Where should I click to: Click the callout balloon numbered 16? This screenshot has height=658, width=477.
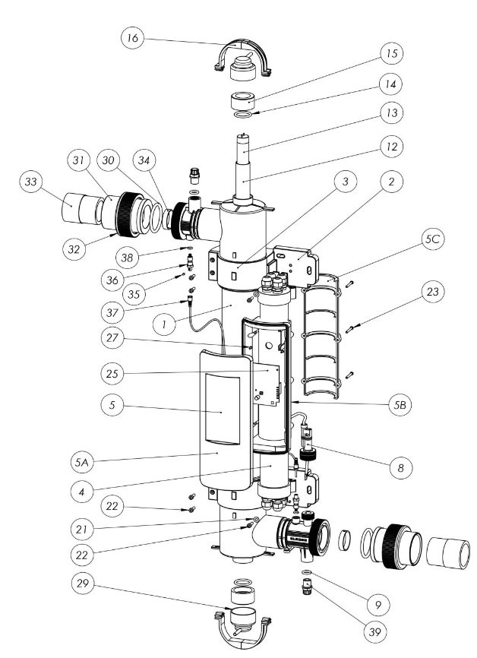point(133,39)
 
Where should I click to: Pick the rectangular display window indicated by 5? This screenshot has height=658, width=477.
point(220,411)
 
